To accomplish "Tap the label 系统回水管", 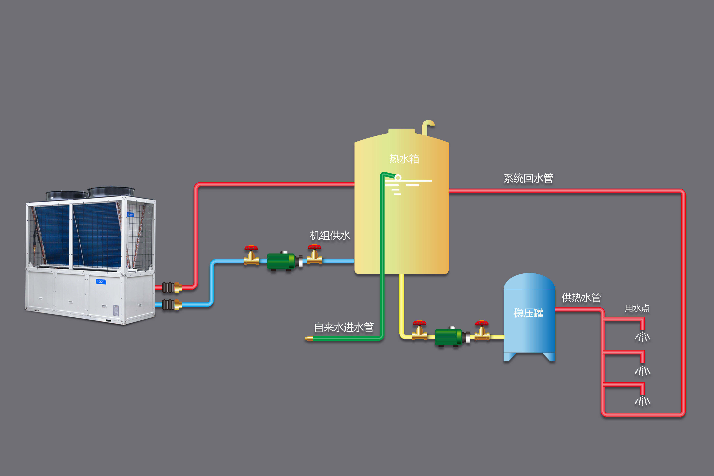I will (528, 178).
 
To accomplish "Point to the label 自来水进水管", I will (344, 327).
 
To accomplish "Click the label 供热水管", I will (581, 297).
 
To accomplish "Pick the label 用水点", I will (637, 308).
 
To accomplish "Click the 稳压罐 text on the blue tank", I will (528, 313).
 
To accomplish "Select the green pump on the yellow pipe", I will (448, 337).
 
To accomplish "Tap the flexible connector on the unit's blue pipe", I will (168, 305).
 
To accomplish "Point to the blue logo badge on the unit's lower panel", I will (101, 282).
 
